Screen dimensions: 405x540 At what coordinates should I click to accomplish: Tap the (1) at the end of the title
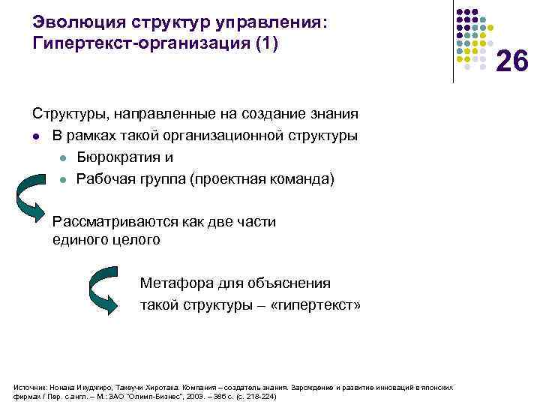(265, 44)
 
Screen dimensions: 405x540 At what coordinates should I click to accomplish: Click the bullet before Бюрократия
(64, 158)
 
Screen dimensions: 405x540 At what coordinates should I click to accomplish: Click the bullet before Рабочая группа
(64, 180)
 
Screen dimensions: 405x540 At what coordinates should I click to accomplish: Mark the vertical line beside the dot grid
(453, 41)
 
